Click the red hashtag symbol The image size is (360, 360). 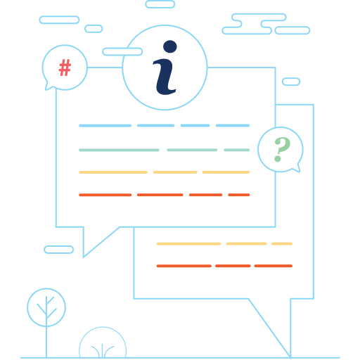65,67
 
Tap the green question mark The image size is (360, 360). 282,149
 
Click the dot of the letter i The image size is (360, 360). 170,46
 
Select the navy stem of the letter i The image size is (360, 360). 165,77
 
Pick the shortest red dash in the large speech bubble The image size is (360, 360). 239,195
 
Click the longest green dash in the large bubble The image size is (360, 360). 119,150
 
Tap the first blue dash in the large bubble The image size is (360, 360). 105,126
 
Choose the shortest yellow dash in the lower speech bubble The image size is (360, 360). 282,244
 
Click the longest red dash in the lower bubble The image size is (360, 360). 184,266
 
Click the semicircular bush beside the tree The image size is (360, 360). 103,328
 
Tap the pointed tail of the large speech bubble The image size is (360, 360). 84,257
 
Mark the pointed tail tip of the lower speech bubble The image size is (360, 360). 290,358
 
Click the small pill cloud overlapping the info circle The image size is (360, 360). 122,51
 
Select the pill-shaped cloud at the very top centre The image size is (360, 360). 160,4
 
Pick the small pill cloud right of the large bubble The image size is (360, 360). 291,82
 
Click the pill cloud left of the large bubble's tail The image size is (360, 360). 59,250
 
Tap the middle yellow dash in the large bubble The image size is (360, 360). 175,172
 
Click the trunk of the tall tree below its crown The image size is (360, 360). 46,342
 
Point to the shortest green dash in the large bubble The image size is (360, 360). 237,150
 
